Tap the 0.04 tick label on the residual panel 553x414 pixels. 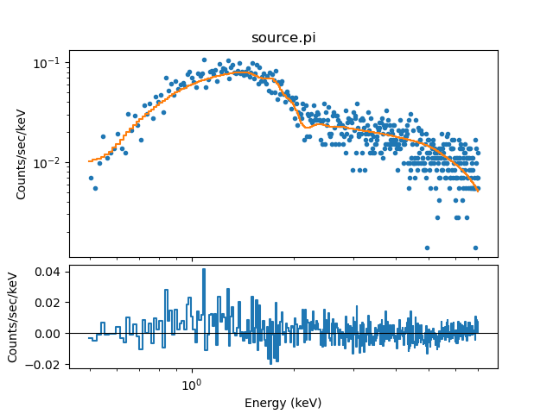click(48, 272)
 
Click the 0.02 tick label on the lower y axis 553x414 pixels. click(48, 303)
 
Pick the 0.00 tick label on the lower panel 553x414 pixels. click(48, 333)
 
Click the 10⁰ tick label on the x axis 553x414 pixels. click(192, 385)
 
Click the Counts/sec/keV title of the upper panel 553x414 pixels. click(22, 154)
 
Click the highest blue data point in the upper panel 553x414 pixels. click(204, 60)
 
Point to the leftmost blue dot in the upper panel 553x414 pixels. click(91, 178)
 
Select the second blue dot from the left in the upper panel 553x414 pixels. click(95, 188)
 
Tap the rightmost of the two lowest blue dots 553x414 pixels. click(475, 248)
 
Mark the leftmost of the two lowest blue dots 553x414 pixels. click(427, 248)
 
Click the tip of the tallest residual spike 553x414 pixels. click(204, 269)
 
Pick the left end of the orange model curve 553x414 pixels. click(89, 161)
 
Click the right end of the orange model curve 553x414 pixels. click(478, 191)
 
